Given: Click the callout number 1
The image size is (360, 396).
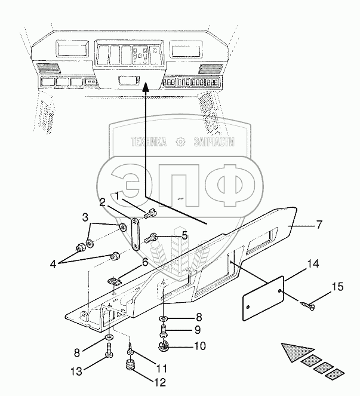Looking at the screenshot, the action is pos(118,195).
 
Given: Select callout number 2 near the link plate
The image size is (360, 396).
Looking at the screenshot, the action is pos(103,202).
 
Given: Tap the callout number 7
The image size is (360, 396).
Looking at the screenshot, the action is pos(319,225).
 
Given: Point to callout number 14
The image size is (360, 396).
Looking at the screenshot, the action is pos(313,263).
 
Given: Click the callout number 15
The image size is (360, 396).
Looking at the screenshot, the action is pos(337,287).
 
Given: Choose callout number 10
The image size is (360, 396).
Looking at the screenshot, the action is pos(200,346).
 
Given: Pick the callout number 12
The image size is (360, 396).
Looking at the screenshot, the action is pos(159,382).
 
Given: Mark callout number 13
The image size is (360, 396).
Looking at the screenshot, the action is pos(76,372).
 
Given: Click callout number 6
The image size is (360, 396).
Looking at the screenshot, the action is pos(145,262).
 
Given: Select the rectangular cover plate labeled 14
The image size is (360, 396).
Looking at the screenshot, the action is pos(263,299).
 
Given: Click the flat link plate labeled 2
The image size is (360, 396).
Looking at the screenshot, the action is pos(136,234).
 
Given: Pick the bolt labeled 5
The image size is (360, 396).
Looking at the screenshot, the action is pos(151,238).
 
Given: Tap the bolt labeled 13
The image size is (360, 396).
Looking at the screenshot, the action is pos(110,350).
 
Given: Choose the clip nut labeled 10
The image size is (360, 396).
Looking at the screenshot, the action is pos(164,346).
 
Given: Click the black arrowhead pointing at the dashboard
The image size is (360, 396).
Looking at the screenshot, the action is pos(145,87).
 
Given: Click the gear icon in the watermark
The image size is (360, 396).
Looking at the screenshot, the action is pos(180,142).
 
